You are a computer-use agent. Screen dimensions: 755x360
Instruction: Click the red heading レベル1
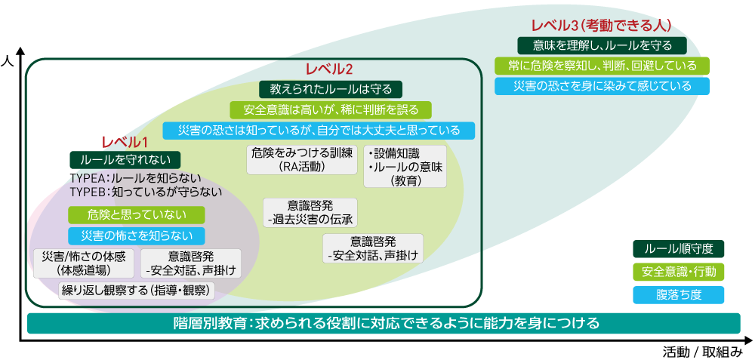[x=124, y=142]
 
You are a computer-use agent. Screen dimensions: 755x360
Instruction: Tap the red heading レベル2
[x=329, y=69]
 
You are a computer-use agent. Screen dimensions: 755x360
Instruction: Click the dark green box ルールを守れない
[x=125, y=160]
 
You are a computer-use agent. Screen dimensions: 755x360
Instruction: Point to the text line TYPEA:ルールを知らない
[x=135, y=177]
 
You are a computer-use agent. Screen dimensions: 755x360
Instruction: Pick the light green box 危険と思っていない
[x=137, y=214]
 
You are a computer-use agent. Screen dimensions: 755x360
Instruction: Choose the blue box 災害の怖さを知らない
[x=137, y=235]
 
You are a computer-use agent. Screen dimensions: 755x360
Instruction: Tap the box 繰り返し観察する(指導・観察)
[x=136, y=291]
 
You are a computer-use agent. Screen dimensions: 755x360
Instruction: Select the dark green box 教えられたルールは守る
[x=331, y=89]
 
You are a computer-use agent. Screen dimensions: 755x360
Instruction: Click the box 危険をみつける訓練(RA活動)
[x=303, y=160]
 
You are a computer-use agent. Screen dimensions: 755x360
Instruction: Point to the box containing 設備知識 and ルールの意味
[x=405, y=167]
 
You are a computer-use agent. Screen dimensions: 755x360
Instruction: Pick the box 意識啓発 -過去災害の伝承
[x=310, y=212]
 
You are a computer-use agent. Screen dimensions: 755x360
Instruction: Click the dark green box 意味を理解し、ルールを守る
[x=602, y=46]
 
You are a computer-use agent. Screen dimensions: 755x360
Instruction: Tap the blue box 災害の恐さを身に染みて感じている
[x=602, y=86]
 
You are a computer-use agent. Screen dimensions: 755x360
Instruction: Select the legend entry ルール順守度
[x=679, y=249]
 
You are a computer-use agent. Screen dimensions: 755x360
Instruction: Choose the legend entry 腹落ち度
[x=679, y=295]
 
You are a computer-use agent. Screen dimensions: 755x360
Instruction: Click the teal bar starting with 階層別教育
[x=384, y=323]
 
